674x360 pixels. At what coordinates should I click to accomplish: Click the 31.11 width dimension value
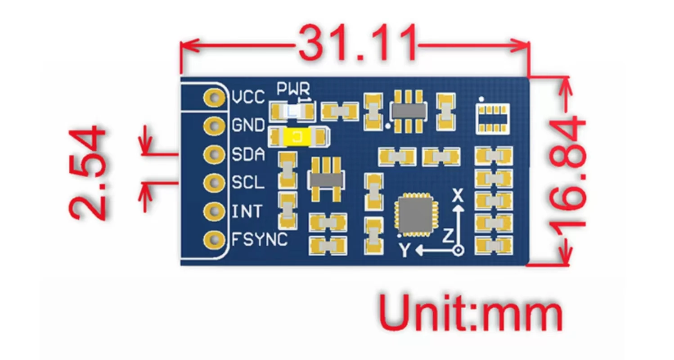(357, 44)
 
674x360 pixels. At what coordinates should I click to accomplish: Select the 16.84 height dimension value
(568, 172)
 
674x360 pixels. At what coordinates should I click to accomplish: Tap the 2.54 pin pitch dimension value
(88, 173)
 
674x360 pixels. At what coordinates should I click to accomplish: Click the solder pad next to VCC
(214, 98)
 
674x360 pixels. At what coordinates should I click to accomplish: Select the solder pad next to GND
(214, 126)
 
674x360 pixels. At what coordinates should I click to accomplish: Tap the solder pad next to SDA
(214, 155)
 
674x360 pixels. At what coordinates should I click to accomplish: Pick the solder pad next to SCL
(214, 183)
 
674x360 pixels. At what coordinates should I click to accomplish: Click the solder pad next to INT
(214, 211)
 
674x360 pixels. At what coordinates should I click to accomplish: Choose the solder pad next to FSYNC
(214, 239)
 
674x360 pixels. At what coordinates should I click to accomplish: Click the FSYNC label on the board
(260, 239)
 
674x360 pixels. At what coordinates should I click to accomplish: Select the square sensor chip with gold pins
(414, 214)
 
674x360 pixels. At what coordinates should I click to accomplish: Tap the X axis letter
(458, 195)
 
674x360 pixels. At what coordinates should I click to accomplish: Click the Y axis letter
(404, 250)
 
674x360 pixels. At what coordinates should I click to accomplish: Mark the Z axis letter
(447, 235)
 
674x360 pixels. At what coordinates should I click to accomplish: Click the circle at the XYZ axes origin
(458, 250)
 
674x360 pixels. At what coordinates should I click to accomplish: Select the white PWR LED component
(292, 110)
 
